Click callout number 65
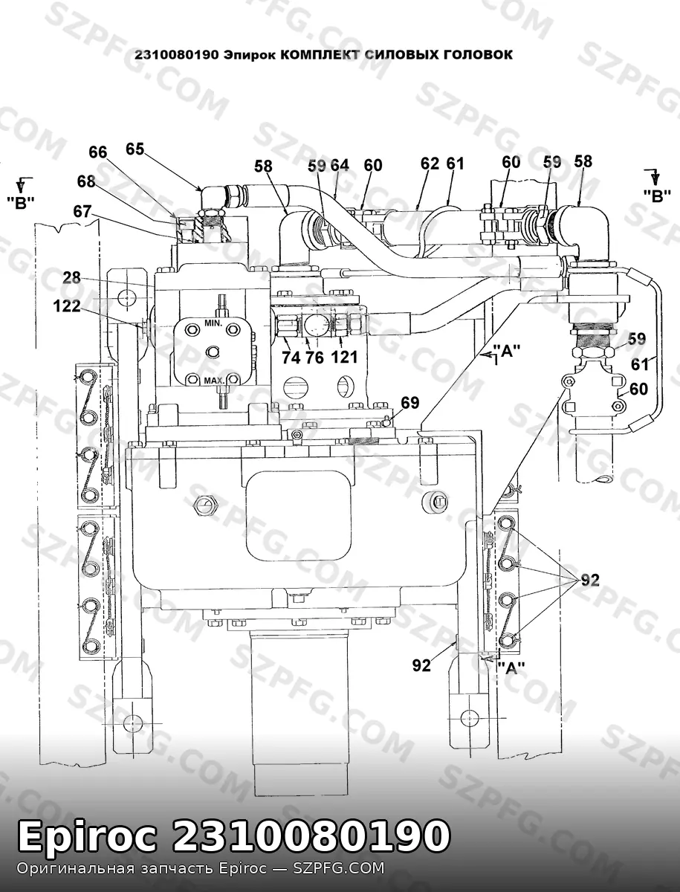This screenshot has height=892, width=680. click(135, 149)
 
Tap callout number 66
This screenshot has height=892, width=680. click(98, 152)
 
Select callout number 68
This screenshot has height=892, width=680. click(86, 181)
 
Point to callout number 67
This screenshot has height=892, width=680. click(82, 211)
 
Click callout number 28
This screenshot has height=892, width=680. click(72, 278)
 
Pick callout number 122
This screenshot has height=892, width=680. click(67, 306)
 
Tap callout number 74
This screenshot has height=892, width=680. click(291, 358)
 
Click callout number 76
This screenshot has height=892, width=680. click(315, 358)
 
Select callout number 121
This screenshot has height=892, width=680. click(345, 358)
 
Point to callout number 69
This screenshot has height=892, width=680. click(410, 403)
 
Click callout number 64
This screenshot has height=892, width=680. click(340, 166)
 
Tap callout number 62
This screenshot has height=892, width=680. click(430, 164)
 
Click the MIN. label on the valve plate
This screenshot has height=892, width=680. click(213, 323)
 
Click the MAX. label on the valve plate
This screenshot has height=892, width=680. click(214, 381)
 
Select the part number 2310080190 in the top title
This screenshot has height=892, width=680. click(177, 55)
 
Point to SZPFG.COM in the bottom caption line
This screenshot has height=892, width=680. click(338, 868)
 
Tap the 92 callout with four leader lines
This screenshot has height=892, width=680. click(590, 581)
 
